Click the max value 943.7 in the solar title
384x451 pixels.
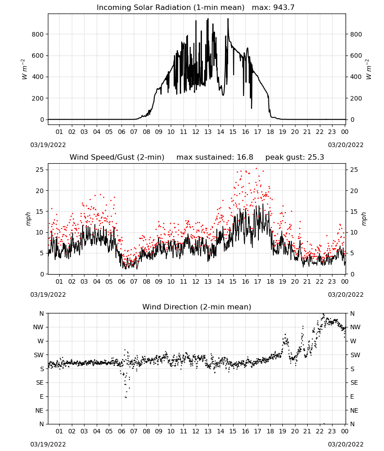pos(284,8)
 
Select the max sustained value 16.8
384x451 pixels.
pos(245,157)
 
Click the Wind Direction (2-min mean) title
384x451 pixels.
pos(197,307)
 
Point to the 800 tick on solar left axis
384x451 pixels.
pos(37,35)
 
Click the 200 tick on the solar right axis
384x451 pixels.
pos(356,98)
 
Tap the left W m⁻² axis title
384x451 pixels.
pos(24,69)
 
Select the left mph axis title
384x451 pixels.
pos(28,219)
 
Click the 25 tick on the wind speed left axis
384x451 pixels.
pos(40,170)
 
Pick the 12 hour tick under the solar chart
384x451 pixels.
pos(196,132)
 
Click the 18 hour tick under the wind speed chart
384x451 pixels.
pos(270,281)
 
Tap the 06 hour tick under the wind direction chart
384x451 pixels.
pos(121,431)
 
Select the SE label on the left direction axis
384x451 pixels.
pos(40,383)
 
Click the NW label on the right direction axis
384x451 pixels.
pos(355,327)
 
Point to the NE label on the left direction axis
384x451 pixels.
pos(39,410)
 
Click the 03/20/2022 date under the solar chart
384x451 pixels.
pos(346,145)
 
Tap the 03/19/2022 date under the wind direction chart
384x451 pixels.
pos(48,444)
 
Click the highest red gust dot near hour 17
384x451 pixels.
pos(257,169)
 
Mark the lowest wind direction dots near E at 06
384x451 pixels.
pos(126,397)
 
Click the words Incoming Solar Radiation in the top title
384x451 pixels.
pos(144,8)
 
